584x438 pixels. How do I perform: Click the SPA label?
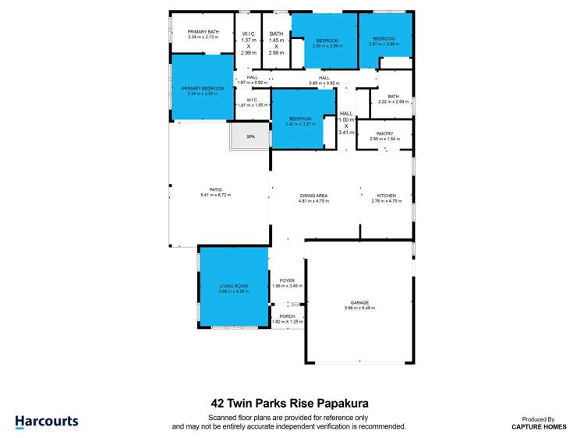point(250,136)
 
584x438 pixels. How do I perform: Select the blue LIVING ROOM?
point(233,288)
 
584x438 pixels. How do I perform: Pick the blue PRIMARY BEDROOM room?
point(203,90)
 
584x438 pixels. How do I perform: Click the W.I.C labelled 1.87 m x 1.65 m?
point(252,102)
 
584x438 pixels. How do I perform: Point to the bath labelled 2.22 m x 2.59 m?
point(393,99)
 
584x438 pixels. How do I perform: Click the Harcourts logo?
point(47,422)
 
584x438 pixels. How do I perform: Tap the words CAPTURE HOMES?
point(539,426)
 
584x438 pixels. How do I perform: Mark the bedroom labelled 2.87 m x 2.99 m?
point(385,41)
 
